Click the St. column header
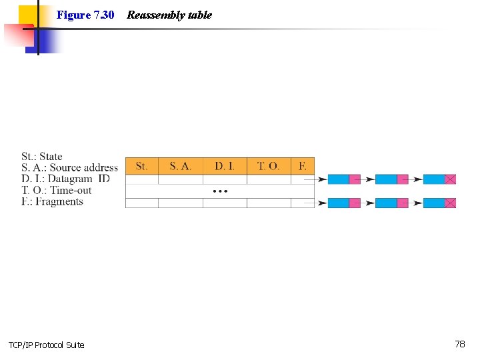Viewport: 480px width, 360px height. pyautogui.click(x=141, y=166)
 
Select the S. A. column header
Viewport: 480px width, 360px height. pyautogui.click(x=180, y=166)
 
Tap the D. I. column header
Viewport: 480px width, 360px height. pyautogui.click(x=225, y=166)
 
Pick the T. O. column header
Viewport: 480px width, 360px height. pyautogui.click(x=269, y=166)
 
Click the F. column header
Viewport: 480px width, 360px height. pyautogui.click(x=303, y=166)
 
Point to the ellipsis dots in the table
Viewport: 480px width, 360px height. pyautogui.click(x=220, y=191)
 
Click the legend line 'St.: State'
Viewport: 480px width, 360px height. pyautogui.click(x=41, y=157)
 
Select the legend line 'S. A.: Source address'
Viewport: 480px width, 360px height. pyautogui.click(x=69, y=168)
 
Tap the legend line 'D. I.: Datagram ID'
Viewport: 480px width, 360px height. pyautogui.click(x=65, y=179)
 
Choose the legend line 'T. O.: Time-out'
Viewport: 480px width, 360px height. pyautogui.click(x=56, y=190)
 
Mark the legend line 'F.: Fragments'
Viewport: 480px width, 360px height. pyautogui.click(x=52, y=201)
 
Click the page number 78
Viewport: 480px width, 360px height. pyautogui.click(x=460, y=344)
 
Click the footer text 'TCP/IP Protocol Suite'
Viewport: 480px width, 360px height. pyautogui.click(x=46, y=345)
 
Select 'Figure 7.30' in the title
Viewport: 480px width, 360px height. pyautogui.click(x=85, y=15)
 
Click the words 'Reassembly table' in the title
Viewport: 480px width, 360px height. pyautogui.click(x=169, y=15)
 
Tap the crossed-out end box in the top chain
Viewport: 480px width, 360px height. pyautogui.click(x=451, y=179)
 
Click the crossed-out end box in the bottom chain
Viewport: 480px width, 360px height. pyautogui.click(x=451, y=203)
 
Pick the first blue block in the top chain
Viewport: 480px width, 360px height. pyautogui.click(x=338, y=179)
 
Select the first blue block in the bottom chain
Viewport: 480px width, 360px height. pyautogui.click(x=338, y=203)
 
